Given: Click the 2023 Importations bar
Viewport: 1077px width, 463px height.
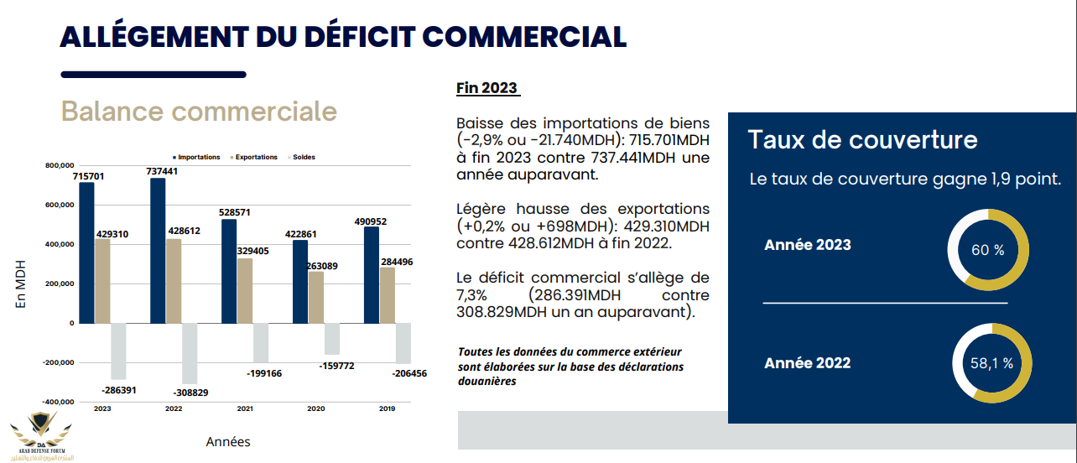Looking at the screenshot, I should coord(86,252).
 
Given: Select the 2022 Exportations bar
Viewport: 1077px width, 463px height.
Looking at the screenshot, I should coord(173,281).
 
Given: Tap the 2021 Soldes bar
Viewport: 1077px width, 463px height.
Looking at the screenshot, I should coord(261,343).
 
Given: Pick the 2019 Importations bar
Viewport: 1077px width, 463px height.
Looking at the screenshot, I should coord(371,274).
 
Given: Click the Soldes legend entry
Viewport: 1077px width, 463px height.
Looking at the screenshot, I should coord(302,157).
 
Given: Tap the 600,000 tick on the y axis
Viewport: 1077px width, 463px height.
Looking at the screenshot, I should coord(58,205).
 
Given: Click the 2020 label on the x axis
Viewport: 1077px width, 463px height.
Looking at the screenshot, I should coord(315,408).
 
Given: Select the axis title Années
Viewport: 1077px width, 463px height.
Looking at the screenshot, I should coord(228,442).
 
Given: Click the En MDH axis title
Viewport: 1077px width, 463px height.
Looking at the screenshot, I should coord(22,284).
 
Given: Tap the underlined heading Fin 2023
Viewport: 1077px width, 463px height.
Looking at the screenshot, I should coord(486,88).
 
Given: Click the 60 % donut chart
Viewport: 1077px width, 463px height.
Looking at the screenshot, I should coord(988,250).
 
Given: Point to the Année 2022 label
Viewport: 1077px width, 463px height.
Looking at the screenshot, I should coord(807,363).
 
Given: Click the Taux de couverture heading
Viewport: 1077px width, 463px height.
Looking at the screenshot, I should coord(862,139).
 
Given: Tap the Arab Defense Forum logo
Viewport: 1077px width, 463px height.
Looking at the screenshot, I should coord(40,434).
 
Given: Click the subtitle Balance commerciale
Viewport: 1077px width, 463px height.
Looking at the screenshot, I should coord(200,112).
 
